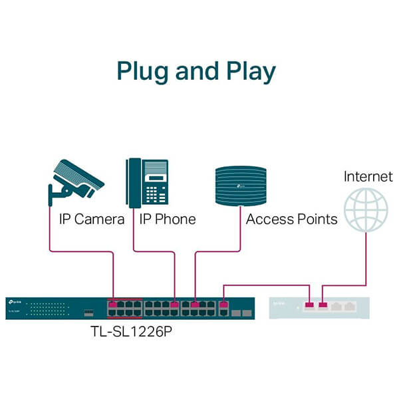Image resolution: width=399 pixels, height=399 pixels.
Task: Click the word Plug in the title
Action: pyautogui.click(x=142, y=71)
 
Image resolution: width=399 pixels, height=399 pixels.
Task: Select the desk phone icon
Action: pyautogui.click(x=147, y=181)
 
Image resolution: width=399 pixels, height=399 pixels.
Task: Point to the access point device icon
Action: pyautogui.click(x=241, y=183)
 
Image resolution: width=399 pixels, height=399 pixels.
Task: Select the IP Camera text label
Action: pyautogui.click(x=92, y=219)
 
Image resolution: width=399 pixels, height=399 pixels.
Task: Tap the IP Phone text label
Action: pyautogui.click(x=167, y=219)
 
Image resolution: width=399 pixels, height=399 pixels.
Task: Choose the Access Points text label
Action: pyautogui.click(x=291, y=219)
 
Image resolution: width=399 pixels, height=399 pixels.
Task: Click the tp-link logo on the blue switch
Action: pyautogui.click(x=17, y=303)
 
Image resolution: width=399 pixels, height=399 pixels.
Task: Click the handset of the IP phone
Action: pyautogui.click(x=133, y=182)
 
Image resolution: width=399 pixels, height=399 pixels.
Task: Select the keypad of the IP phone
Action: pyautogui.click(x=155, y=193)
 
